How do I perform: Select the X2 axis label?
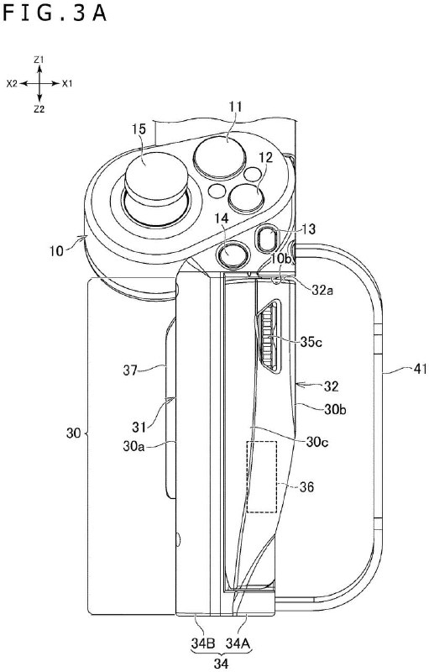[12, 84]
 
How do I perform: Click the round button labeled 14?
[233, 251]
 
